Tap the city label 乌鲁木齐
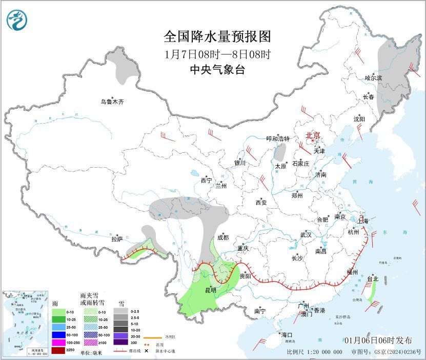tap(112, 102)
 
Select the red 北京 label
tap(313, 136)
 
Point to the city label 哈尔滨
tap(374, 78)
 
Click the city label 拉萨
tap(117, 239)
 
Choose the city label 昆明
tap(210, 290)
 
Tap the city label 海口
tap(287, 335)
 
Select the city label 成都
tap(222, 237)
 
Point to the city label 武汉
tap(306, 234)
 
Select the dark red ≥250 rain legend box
tap(58, 350)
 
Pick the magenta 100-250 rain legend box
tap(58, 342)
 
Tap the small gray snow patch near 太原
tap(280, 152)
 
